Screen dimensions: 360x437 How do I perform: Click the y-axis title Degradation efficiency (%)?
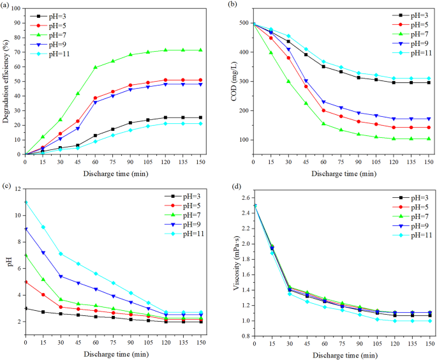click(5, 82)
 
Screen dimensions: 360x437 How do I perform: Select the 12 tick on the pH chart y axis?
click(17, 189)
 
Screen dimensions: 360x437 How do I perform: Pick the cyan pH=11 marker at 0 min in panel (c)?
click(25, 202)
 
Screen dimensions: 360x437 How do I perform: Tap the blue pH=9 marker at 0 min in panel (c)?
click(25, 229)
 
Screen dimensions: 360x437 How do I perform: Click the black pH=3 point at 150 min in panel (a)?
click(201, 117)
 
